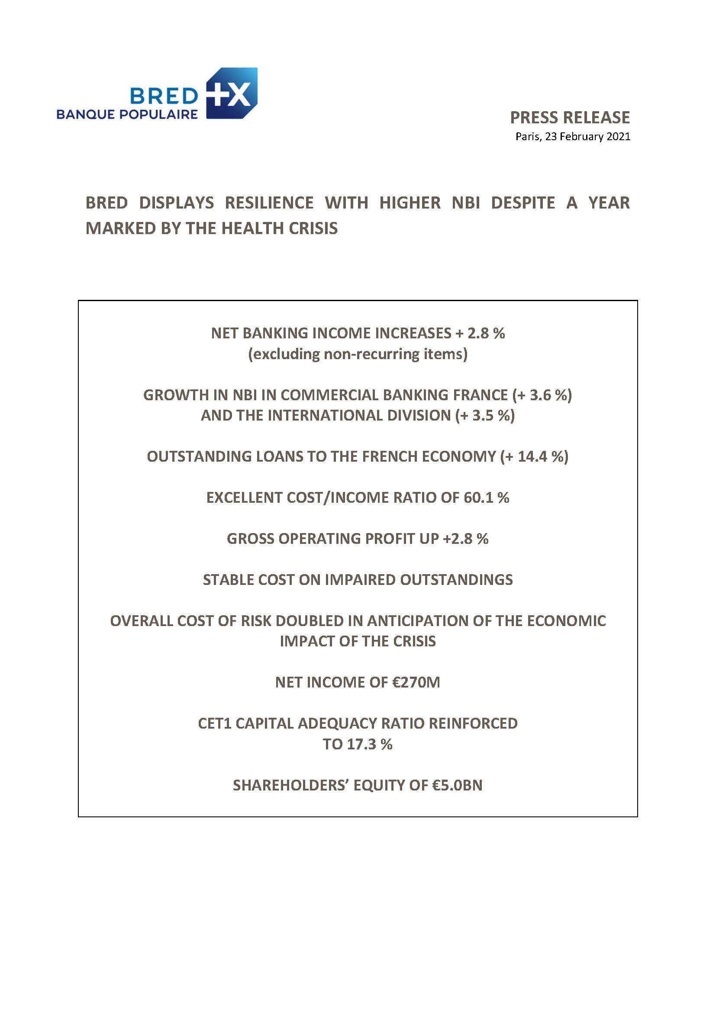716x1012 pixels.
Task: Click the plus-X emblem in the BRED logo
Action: (x=232, y=93)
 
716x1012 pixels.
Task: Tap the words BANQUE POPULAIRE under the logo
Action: (x=127, y=115)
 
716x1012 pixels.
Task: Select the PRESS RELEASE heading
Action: (x=570, y=118)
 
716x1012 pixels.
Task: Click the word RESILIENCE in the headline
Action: (x=269, y=203)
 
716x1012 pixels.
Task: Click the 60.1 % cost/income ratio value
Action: (x=486, y=498)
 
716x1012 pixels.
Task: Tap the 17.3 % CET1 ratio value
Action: (x=369, y=745)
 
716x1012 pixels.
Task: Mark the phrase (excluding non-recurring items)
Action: (x=358, y=354)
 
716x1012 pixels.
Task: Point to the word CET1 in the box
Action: (x=214, y=724)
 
